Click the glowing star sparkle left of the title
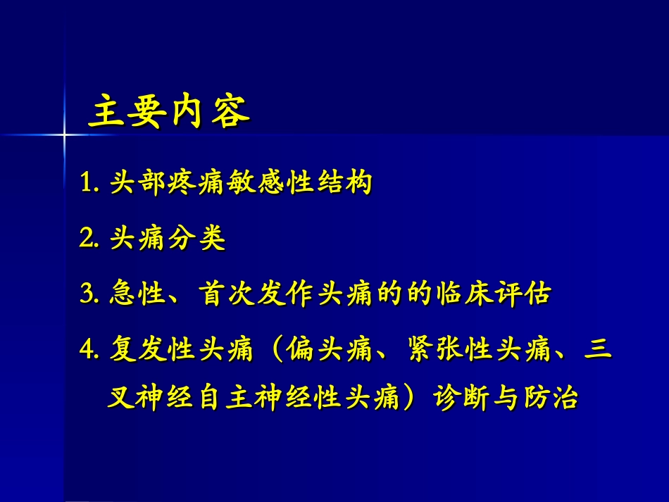click(64, 132)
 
